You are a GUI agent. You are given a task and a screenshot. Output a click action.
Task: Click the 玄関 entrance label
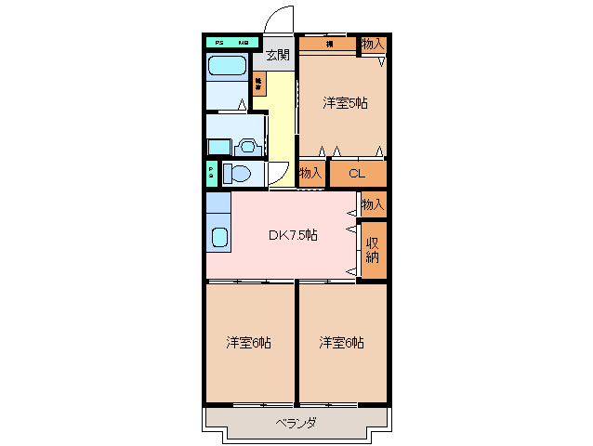point(278,55)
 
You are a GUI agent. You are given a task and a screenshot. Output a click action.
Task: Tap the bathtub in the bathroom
point(226,66)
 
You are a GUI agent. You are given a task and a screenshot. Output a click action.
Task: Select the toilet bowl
point(238,173)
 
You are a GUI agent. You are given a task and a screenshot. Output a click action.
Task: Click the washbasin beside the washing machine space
point(248,146)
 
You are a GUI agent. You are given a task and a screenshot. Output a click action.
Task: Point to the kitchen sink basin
point(219,236)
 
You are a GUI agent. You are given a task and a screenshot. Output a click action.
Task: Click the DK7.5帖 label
point(293,235)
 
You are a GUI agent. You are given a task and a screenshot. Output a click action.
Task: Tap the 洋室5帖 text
point(345,103)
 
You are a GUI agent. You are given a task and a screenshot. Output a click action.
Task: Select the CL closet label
point(355,173)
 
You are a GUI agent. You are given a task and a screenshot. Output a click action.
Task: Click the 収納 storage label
point(373,250)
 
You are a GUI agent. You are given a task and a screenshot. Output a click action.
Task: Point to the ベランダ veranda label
point(296,423)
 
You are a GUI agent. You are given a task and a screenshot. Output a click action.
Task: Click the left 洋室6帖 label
point(248,343)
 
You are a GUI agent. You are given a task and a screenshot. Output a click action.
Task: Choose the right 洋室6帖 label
point(341,343)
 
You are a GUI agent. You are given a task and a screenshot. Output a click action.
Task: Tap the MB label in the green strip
point(244,43)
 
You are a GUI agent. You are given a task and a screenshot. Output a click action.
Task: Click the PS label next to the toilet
point(212,173)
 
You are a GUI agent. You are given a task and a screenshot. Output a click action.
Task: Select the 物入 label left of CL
point(310,173)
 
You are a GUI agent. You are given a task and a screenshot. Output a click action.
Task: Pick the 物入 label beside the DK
point(373,203)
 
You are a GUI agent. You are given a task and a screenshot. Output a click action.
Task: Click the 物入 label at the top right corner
point(373,44)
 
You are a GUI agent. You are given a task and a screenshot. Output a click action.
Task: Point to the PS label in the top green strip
point(220,43)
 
